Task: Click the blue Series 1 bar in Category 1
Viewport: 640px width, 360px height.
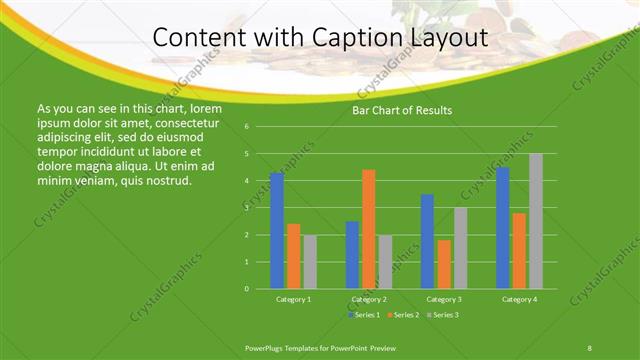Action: pos(277,231)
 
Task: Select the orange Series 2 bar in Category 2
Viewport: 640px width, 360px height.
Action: pos(369,229)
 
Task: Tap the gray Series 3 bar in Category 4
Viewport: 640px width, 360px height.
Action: pos(536,221)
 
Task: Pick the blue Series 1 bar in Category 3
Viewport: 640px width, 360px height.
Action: pos(427,241)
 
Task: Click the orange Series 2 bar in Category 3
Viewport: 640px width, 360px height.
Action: pos(444,264)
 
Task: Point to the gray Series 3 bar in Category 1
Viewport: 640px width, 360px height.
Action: pos(310,262)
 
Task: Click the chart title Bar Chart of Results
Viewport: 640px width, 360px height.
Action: pos(402,110)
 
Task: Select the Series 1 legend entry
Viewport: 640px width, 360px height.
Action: pos(364,315)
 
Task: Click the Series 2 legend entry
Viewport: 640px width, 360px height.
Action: pos(403,315)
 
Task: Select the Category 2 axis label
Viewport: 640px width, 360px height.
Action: pos(369,299)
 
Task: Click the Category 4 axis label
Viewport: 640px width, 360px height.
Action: pos(519,299)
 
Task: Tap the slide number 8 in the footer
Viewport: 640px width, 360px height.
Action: pos(589,347)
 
